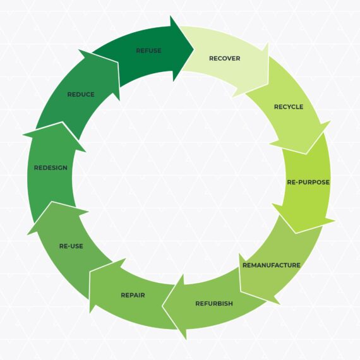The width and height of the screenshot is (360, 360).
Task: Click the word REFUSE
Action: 148,51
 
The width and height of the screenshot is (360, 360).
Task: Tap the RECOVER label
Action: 225,58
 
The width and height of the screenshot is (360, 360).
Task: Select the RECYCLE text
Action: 289,107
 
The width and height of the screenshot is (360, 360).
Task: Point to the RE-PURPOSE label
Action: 308,182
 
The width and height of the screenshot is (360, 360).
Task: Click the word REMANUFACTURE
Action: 272,265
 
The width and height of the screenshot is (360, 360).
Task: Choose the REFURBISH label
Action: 214,303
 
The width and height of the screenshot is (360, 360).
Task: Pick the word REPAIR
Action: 133,295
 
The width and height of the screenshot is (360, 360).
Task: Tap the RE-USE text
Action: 71,246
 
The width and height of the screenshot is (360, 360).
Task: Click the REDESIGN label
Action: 51,167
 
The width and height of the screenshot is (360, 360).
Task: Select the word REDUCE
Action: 81,94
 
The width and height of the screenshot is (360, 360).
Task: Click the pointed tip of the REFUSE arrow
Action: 194,49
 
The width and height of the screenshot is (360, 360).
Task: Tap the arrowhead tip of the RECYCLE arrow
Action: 306,153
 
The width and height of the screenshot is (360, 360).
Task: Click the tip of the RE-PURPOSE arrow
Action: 296,233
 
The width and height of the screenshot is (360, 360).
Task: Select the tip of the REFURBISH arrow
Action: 162,306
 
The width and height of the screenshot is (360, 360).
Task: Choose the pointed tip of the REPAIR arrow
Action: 90,272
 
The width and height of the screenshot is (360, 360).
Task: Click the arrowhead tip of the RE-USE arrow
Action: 52,202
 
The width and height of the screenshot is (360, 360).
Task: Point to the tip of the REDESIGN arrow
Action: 62,123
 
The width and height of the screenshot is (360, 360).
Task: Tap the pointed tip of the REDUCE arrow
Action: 118,62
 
